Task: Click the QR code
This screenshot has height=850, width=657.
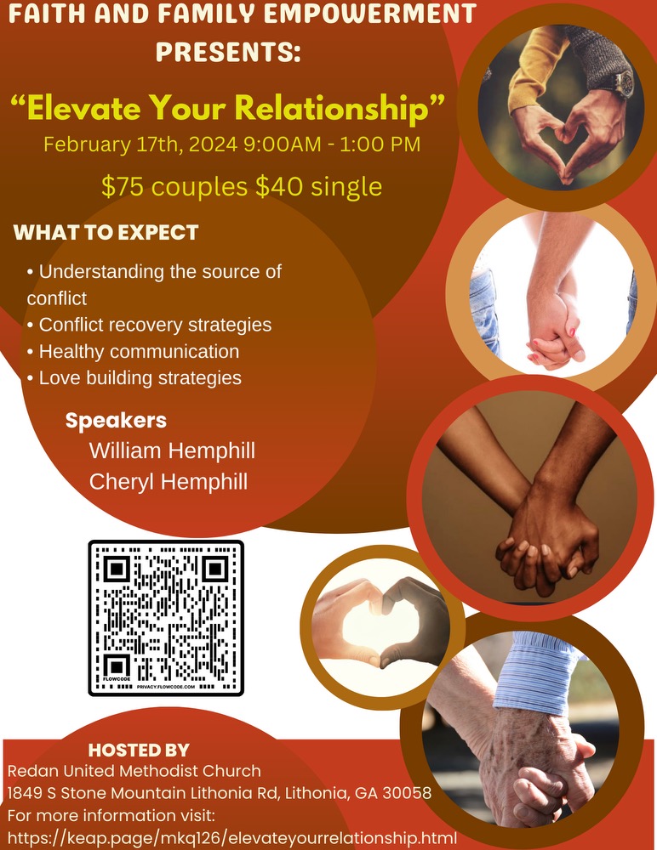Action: click(x=166, y=618)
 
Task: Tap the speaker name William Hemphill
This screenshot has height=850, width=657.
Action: click(x=172, y=450)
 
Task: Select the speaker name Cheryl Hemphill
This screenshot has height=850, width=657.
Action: click(x=169, y=482)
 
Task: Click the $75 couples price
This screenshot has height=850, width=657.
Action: click(x=174, y=186)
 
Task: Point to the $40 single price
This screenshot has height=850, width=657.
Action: click(x=319, y=186)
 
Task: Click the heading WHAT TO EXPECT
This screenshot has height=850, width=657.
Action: click(x=106, y=232)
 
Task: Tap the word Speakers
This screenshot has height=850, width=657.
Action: click(x=116, y=421)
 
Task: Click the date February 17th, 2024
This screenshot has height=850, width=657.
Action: click(x=140, y=144)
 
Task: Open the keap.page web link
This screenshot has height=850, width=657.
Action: click(x=231, y=837)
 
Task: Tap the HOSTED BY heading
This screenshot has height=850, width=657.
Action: click(x=139, y=750)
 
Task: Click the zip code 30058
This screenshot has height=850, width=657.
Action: click(x=407, y=793)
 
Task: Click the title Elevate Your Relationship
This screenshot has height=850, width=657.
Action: click(x=228, y=107)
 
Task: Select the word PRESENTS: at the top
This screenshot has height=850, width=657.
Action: click(x=228, y=52)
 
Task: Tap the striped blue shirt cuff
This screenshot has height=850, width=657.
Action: click(x=534, y=672)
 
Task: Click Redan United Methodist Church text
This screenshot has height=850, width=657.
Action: click(x=134, y=771)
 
